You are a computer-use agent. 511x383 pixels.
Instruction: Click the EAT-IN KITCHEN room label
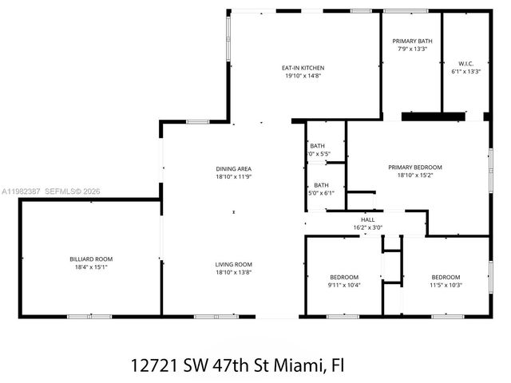click(x=303, y=68)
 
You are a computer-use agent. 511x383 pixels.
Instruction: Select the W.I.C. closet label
click(x=465, y=63)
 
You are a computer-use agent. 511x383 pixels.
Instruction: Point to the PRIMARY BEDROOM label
click(x=414, y=167)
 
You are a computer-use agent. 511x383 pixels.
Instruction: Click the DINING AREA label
click(x=233, y=168)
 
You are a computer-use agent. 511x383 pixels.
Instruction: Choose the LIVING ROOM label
click(x=233, y=264)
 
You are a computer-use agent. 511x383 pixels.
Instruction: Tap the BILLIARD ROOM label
click(x=90, y=259)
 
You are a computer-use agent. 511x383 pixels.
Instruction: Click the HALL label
click(x=367, y=219)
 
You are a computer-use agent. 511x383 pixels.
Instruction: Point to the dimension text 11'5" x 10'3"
click(x=446, y=285)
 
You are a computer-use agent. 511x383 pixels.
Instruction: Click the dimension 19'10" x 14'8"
click(x=303, y=77)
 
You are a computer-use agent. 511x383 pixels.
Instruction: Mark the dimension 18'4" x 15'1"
click(x=90, y=267)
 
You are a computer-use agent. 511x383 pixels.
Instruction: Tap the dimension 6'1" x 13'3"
click(x=465, y=71)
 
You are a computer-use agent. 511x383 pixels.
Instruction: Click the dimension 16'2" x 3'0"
click(x=367, y=227)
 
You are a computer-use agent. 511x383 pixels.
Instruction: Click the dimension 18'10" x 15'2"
click(x=414, y=175)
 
